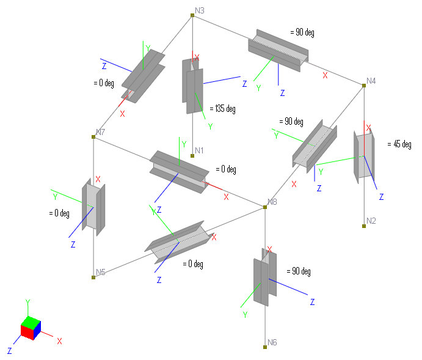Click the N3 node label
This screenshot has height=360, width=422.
coord(200,10)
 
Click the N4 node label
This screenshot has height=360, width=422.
coord(371,81)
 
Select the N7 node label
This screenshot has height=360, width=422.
coord(101,132)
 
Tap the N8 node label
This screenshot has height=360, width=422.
coord(272,202)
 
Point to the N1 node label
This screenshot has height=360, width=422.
coord(199,150)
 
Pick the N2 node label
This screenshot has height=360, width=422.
coord(371,221)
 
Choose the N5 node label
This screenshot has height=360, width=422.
coord(101,272)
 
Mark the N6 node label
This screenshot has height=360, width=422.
coord(272,342)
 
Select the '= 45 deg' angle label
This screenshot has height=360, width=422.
coord(399,144)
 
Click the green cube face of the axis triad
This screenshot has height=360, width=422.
coord(29,321)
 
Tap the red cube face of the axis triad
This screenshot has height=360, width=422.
coord(26,331)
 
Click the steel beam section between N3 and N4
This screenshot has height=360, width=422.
coord(278,49)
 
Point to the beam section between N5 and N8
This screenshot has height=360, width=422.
coord(176,241)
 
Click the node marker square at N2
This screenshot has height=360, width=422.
coord(363,226)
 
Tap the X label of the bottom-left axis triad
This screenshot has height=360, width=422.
coord(59,341)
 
